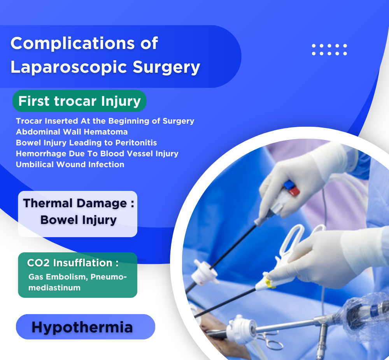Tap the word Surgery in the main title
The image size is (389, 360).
coord(166,67)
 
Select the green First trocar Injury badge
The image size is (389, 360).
coord(79,101)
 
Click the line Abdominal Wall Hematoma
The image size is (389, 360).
coord(72,132)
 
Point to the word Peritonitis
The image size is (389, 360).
coord(136,143)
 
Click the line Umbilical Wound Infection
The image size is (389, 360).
coord(70,164)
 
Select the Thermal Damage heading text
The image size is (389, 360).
coord(79,203)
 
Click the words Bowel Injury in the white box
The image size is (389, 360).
coord(79,220)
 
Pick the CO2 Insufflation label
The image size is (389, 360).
coord(73,263)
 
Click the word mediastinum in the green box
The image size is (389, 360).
coord(54,288)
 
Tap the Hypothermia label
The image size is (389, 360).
coord(82,327)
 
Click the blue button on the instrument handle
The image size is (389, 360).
coord(289,184)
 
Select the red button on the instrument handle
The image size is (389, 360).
coord(294,192)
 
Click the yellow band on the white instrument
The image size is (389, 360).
coord(270,283)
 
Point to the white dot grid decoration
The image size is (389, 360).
coord(329,50)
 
